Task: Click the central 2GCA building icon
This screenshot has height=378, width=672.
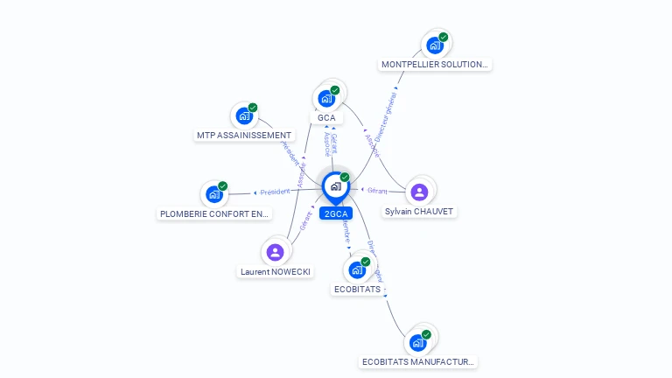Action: pyautogui.click(x=335, y=186)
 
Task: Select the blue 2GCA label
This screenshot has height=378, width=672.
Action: pyautogui.click(x=336, y=213)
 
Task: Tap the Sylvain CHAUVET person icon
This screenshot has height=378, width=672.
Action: pyautogui.click(x=419, y=192)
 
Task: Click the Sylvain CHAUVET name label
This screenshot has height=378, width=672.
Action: pyautogui.click(x=420, y=212)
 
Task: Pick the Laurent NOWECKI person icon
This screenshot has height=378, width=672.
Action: pyautogui.click(x=276, y=252)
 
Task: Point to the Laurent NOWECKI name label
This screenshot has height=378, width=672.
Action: pyautogui.click(x=276, y=272)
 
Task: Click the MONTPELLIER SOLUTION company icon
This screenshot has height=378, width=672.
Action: pyautogui.click(x=435, y=45)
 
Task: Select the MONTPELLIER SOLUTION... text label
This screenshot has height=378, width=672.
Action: pyautogui.click(x=435, y=65)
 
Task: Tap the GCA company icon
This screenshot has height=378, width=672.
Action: pyautogui.click(x=326, y=98)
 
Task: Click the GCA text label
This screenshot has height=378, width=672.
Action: pyautogui.click(x=326, y=118)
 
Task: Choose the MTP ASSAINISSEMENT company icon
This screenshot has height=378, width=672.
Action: pyautogui.click(x=244, y=115)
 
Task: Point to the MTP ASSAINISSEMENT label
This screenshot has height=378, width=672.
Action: pyautogui.click(x=244, y=136)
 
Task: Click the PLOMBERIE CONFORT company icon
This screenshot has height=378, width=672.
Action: pyautogui.click(x=214, y=194)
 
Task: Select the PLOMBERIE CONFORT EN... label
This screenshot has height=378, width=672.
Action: pyautogui.click(x=215, y=213)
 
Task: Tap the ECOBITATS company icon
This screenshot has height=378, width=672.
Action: pyautogui.click(x=357, y=269)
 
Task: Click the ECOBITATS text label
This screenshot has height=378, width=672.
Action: pyautogui.click(x=358, y=289)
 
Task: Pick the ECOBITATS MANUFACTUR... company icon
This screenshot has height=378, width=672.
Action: pyautogui.click(x=417, y=342)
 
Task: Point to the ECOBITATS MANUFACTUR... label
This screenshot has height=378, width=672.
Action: pyautogui.click(x=418, y=361)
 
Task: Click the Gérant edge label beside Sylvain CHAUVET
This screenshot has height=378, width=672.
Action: pyautogui.click(x=377, y=190)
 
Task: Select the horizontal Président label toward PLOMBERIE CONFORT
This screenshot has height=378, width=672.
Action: pyautogui.click(x=275, y=192)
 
